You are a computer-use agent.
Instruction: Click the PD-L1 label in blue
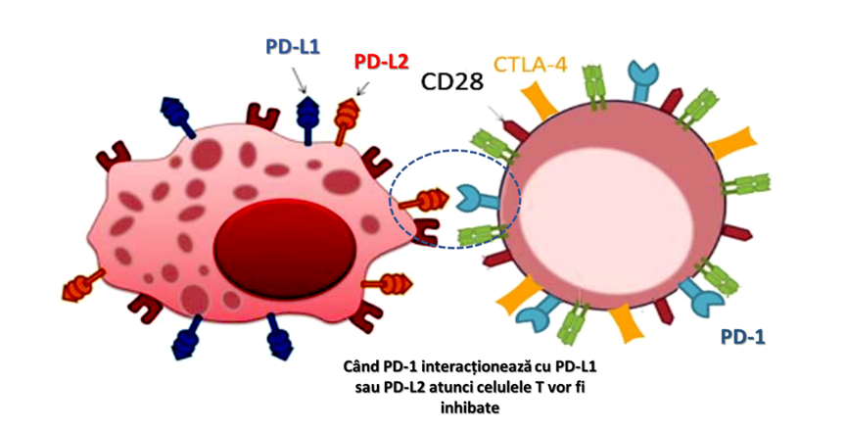pyautogui.click(x=292, y=45)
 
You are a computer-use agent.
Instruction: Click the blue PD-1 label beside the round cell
pyautogui.click(x=742, y=337)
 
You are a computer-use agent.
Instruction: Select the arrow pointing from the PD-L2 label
pyautogui.click(x=362, y=90)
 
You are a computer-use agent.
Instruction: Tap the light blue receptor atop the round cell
pyautogui.click(x=642, y=81)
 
